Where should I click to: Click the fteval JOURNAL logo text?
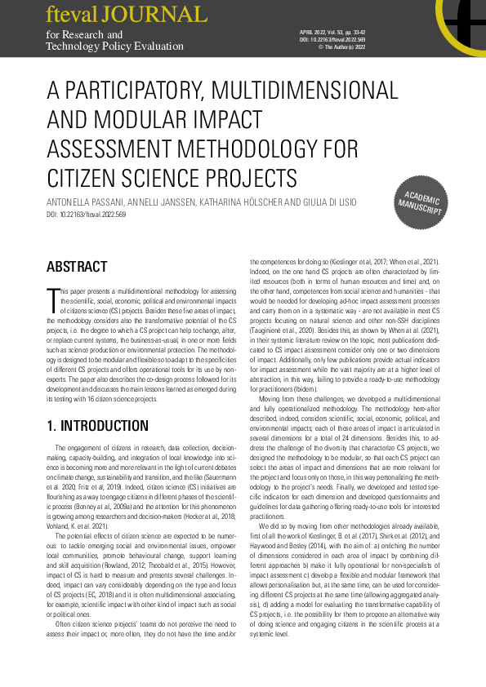coord(126,15)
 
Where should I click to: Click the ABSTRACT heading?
coord(77,267)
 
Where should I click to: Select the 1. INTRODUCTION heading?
coord(97,425)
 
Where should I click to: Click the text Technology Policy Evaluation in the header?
coord(115,47)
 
